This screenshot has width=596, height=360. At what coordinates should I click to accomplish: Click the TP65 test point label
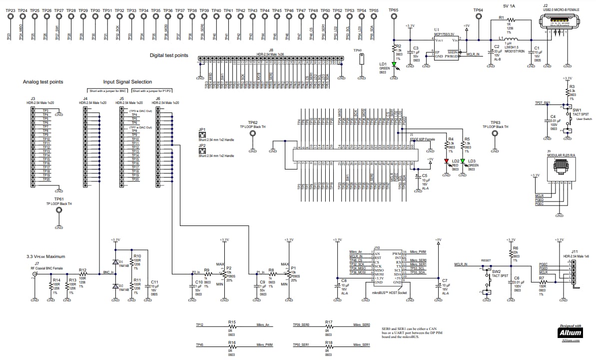[394, 10]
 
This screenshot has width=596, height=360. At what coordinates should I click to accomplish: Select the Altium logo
[570, 331]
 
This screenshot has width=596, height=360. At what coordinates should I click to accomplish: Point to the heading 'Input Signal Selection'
[127, 82]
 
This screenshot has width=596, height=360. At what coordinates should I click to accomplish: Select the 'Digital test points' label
[169, 55]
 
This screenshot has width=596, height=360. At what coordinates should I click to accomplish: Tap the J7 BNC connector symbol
[34, 274]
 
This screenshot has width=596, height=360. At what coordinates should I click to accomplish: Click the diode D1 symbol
[116, 262]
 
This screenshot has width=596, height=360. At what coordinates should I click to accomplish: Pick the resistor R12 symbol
[83, 274]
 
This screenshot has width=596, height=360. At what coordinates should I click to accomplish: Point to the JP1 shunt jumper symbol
[202, 135]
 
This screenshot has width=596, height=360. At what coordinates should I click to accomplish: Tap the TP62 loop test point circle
[253, 136]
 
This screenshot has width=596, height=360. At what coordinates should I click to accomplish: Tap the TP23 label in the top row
[10, 10]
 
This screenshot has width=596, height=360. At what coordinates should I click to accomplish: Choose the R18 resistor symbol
[329, 346]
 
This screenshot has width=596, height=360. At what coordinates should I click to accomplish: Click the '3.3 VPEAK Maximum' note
[46, 256]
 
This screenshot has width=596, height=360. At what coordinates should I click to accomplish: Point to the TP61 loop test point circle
[59, 211]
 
